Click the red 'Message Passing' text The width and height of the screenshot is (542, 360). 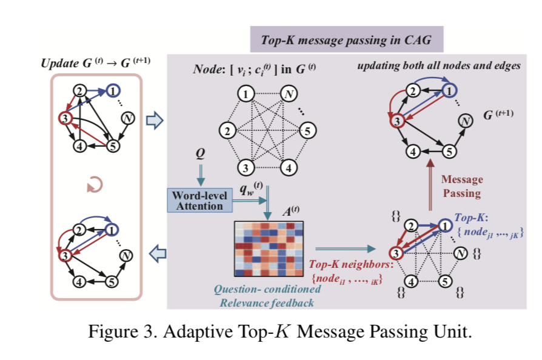pos(462,186)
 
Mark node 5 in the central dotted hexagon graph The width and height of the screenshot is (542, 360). pos(308,130)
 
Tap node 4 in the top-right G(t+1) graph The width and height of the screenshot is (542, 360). pos(413,152)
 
